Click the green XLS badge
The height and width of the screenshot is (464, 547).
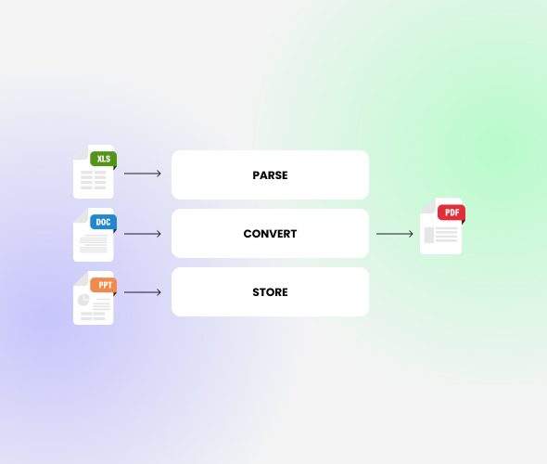pyautogui.click(x=103, y=159)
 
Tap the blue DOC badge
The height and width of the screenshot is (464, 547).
pyautogui.click(x=103, y=222)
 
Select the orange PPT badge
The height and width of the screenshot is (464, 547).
pyautogui.click(x=103, y=285)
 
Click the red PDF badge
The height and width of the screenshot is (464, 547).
pyautogui.click(x=452, y=213)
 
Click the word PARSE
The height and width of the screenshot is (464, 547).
pyautogui.click(x=270, y=175)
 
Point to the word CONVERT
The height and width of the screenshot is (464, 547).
pyautogui.click(x=270, y=234)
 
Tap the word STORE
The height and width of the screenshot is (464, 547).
pyautogui.click(x=270, y=292)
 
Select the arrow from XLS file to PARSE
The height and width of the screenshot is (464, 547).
pyautogui.click(x=143, y=174)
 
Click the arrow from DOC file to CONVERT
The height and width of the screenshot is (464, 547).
pyautogui.click(x=143, y=234)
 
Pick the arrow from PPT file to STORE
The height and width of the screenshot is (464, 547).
pyautogui.click(x=143, y=292)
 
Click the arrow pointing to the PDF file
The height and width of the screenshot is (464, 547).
pyautogui.click(x=395, y=234)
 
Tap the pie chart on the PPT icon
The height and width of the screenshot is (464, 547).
pyautogui.click(x=83, y=300)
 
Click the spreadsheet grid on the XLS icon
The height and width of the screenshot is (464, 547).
pyautogui.click(x=93, y=180)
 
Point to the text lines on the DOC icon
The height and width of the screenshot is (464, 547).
pyautogui.click(x=94, y=243)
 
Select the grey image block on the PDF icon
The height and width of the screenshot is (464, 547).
pyautogui.click(x=428, y=235)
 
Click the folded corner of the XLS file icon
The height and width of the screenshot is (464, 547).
pyautogui.click(x=81, y=152)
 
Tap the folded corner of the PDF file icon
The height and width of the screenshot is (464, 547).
pyautogui.click(x=428, y=205)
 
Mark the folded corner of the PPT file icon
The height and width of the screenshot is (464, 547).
pyautogui.click(x=81, y=278)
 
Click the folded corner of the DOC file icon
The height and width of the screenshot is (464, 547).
pyautogui.click(x=81, y=215)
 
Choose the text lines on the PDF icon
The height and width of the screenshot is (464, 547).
pyautogui.click(x=446, y=234)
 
